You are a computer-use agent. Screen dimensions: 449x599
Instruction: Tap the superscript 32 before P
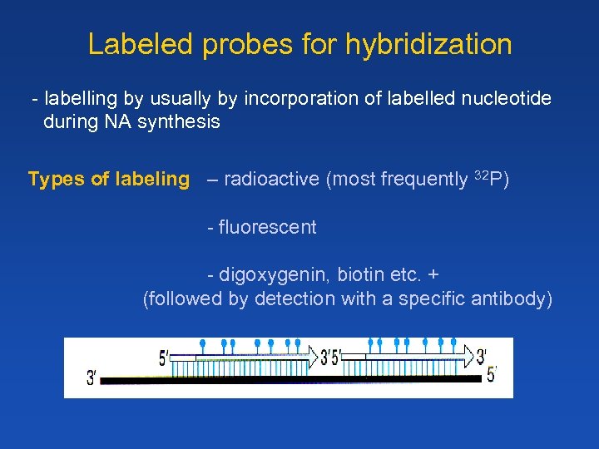point(481,175)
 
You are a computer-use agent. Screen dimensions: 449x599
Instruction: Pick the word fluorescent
point(267,228)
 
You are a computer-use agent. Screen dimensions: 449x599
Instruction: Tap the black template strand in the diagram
point(291,378)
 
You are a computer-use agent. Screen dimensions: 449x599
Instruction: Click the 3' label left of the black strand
point(92,378)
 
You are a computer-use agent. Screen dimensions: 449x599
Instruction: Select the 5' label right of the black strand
point(492,376)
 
